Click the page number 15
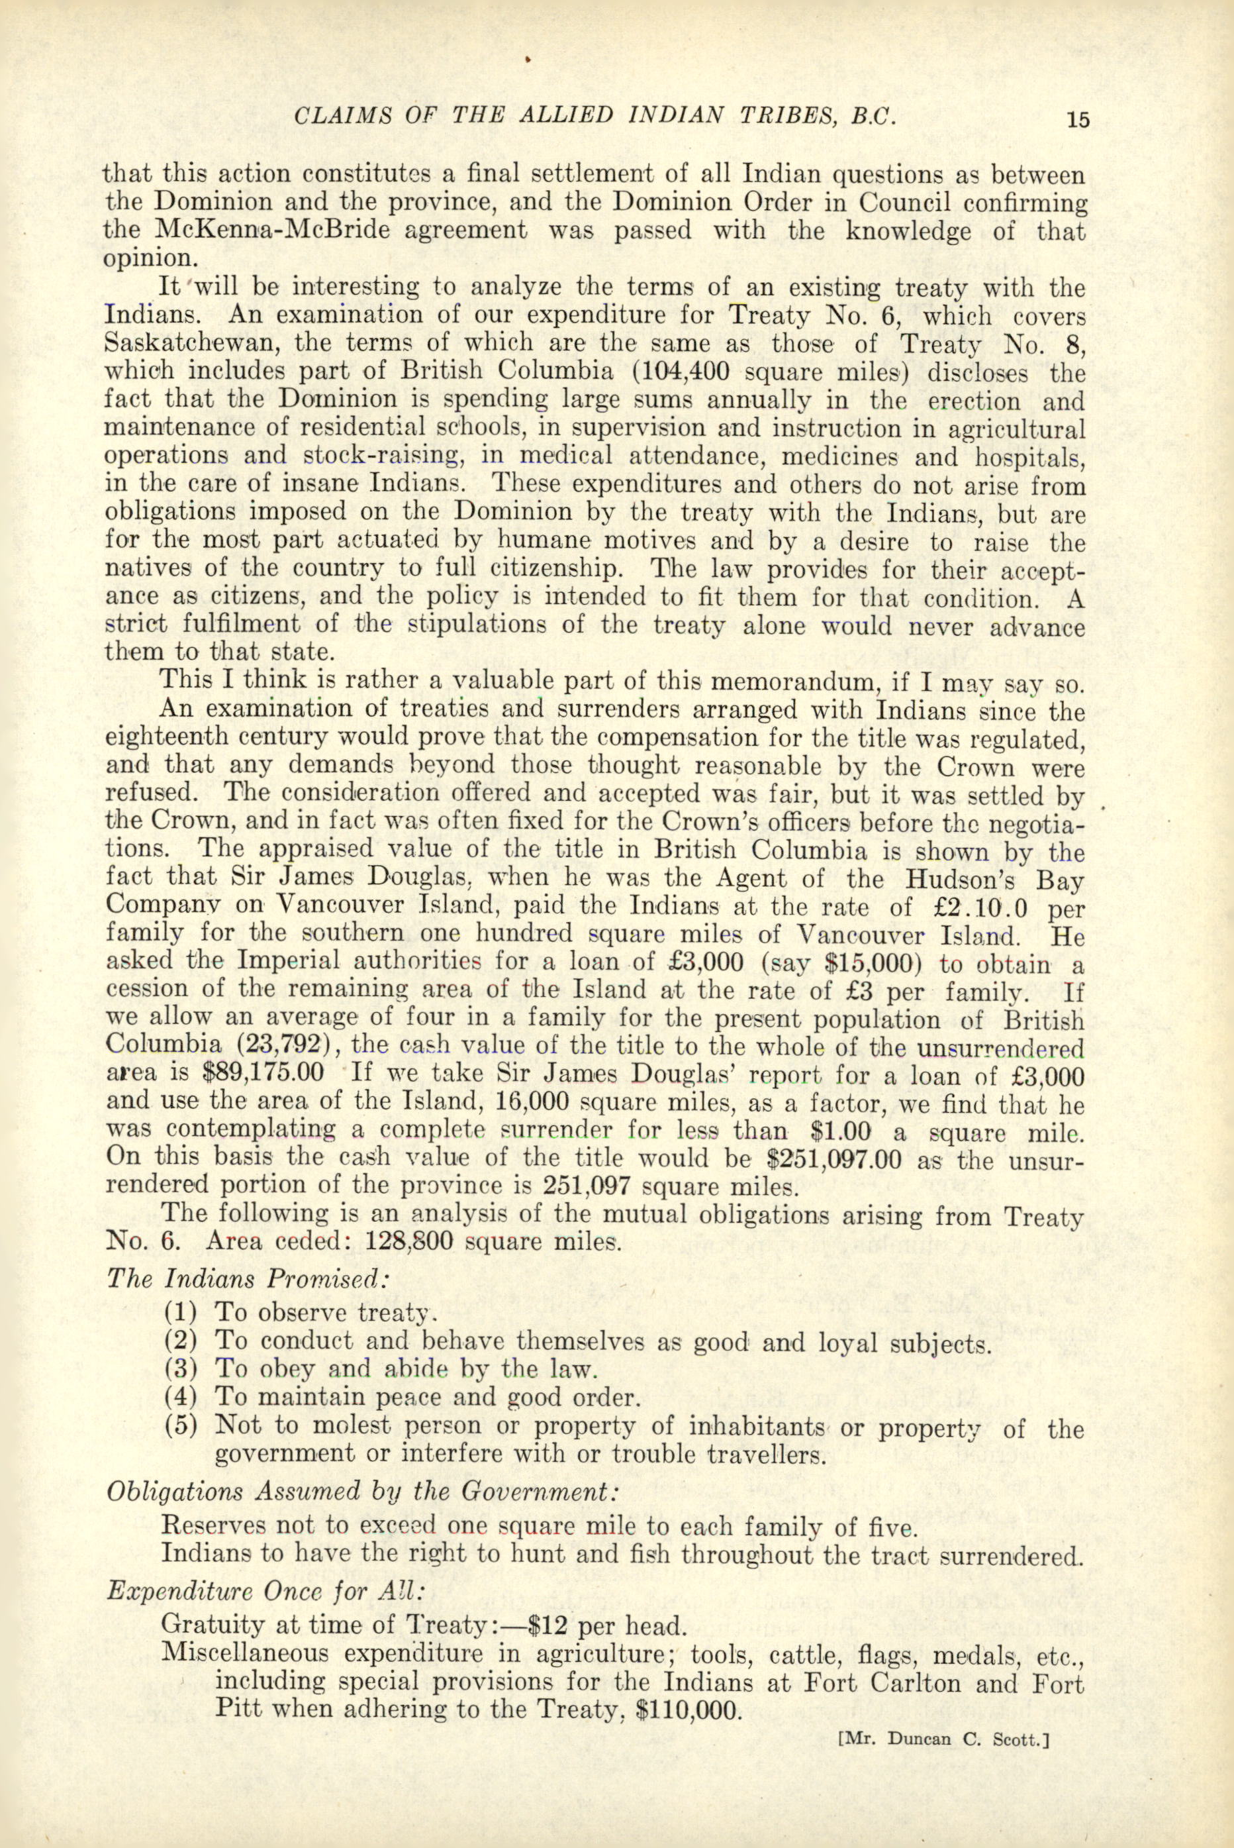coord(1077,120)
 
